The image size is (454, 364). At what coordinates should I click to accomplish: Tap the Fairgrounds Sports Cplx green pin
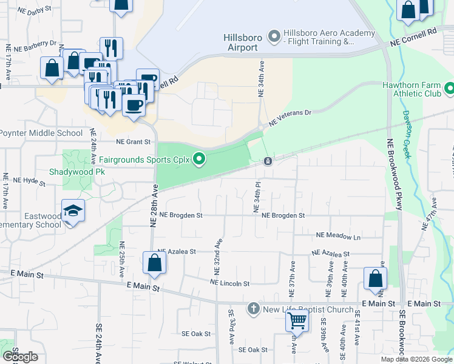pyautogui.click(x=198, y=160)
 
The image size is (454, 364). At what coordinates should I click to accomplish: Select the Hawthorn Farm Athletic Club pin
pyautogui.click(x=450, y=90)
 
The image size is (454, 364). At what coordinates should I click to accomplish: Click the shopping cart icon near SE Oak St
pyautogui.click(x=297, y=320)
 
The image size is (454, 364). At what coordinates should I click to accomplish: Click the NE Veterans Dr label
pyautogui.click(x=290, y=115)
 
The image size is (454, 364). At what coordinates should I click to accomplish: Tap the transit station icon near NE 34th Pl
pyautogui.click(x=268, y=161)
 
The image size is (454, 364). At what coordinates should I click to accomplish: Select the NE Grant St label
pyautogui.click(x=129, y=142)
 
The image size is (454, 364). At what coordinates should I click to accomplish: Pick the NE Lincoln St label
pyautogui.click(x=229, y=283)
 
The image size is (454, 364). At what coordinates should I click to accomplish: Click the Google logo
pyautogui.click(x=19, y=357)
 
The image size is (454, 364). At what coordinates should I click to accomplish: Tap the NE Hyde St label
pyautogui.click(x=30, y=180)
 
